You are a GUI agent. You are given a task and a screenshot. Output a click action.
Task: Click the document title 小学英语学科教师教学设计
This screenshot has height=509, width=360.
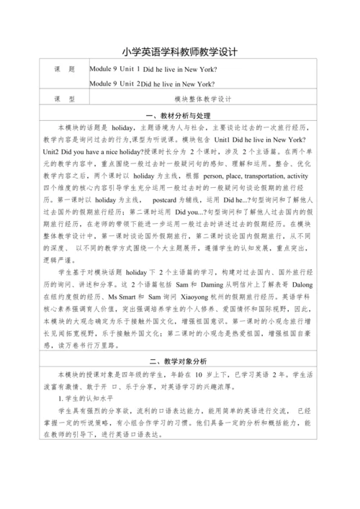[180, 53]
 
